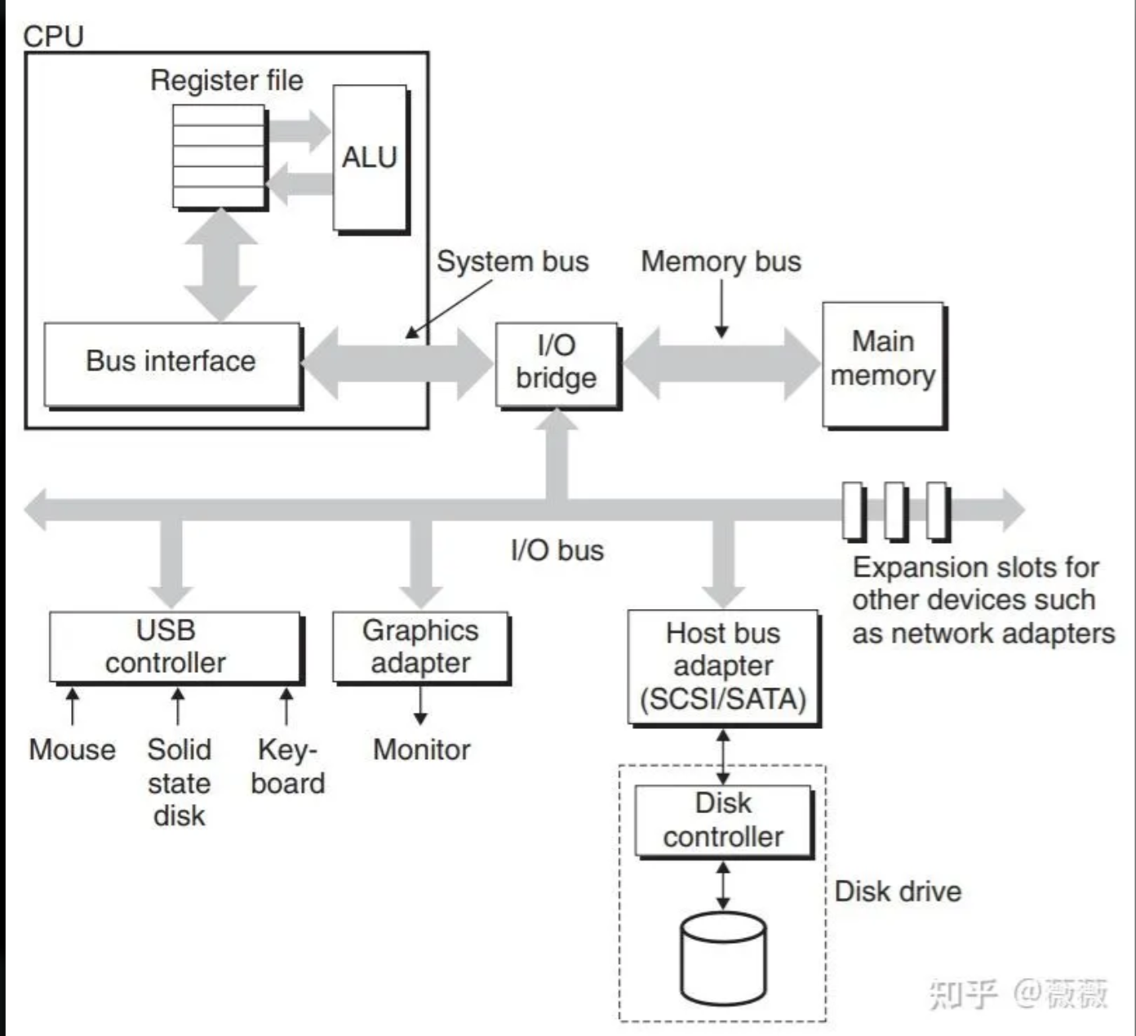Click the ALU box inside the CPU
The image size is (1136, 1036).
click(x=370, y=158)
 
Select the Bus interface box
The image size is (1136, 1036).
click(x=171, y=362)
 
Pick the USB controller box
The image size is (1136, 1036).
click(x=174, y=647)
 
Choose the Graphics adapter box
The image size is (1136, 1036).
click(x=420, y=647)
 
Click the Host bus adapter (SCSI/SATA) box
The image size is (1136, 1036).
click(x=723, y=666)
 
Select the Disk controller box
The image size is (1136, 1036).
click(x=723, y=820)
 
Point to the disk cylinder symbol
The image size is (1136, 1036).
click(x=723, y=959)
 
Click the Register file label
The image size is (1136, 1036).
click(x=227, y=81)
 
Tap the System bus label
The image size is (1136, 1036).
click(x=513, y=262)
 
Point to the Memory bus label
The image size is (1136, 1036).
click(x=721, y=262)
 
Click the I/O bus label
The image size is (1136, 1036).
click(x=557, y=550)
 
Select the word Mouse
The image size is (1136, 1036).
click(x=72, y=749)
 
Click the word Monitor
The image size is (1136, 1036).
click(x=421, y=749)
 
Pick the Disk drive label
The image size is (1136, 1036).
click(x=898, y=891)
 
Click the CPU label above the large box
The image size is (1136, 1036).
click(x=54, y=36)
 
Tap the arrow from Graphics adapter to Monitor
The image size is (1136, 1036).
click(x=420, y=705)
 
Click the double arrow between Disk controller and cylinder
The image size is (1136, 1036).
click(x=723, y=886)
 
